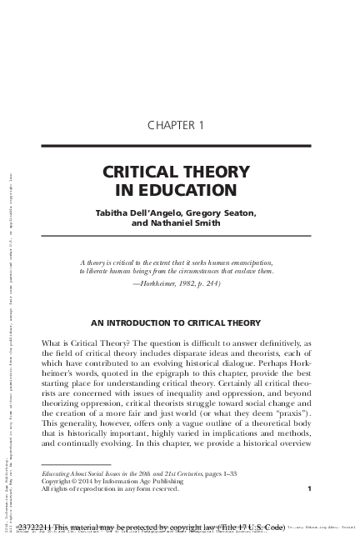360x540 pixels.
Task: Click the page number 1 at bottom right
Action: click(309, 488)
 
